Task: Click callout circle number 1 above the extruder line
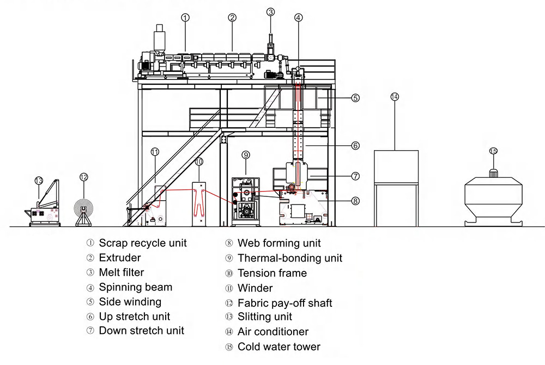(x=185, y=18)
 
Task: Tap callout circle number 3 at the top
(x=271, y=12)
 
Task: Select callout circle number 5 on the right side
(x=355, y=98)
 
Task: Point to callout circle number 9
(x=246, y=154)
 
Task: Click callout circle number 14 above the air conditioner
(x=395, y=97)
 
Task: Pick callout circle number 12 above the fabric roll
(x=84, y=177)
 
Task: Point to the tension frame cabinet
(x=199, y=204)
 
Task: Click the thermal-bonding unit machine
(x=246, y=202)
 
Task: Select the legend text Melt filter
(x=122, y=273)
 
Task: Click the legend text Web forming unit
(x=279, y=243)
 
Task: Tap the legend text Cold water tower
(x=279, y=347)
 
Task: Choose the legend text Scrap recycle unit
(x=143, y=243)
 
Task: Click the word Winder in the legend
(x=255, y=288)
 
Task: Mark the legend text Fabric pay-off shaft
(x=285, y=303)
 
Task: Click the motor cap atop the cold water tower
(x=494, y=173)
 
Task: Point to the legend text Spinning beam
(x=136, y=287)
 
